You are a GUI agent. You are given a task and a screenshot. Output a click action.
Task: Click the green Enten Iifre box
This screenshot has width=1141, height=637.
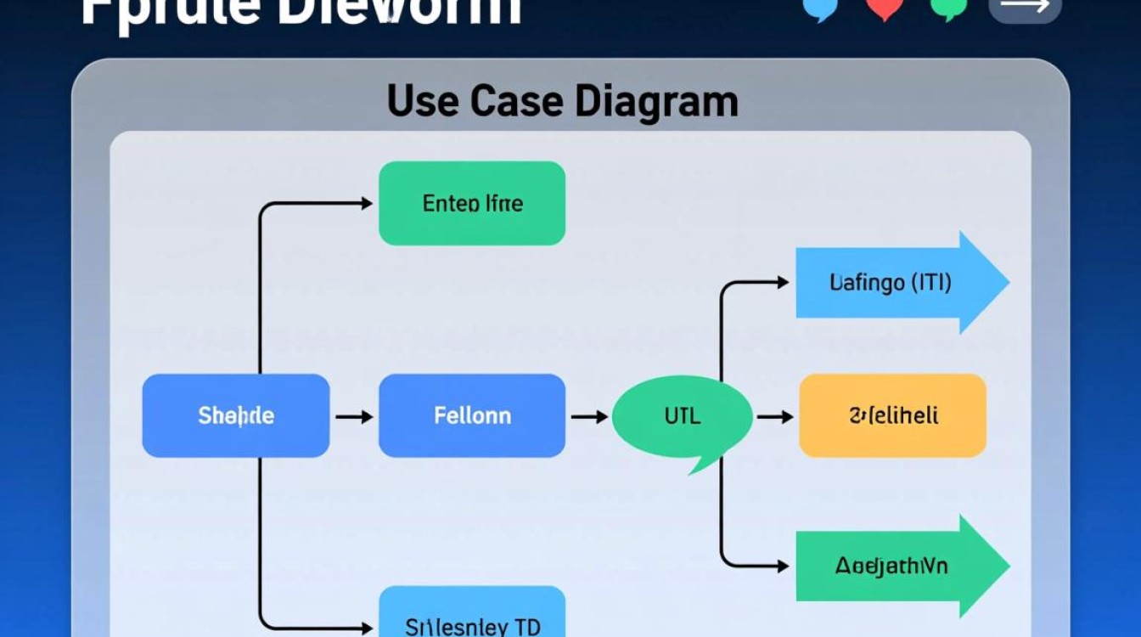[x=471, y=204]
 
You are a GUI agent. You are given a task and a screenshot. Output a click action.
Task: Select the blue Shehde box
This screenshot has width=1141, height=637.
[x=235, y=416]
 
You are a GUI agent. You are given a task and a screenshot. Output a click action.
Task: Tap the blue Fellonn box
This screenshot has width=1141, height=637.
[x=471, y=416]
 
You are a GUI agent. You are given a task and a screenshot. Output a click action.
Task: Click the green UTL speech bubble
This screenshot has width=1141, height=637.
[x=682, y=417]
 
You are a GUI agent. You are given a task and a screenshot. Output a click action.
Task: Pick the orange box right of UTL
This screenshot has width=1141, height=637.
[x=892, y=416]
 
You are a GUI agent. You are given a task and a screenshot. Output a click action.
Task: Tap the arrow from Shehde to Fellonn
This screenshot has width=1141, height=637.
[x=354, y=417]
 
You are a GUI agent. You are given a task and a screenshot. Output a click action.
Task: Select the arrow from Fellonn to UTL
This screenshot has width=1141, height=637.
[x=589, y=417]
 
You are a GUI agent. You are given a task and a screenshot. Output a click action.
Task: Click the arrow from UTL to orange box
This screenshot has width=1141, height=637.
[x=774, y=417]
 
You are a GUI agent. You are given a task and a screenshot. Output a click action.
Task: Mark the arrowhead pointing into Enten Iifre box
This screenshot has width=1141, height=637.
[x=367, y=204]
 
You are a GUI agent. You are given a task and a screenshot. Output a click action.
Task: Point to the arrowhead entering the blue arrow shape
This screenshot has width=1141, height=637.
[x=783, y=283]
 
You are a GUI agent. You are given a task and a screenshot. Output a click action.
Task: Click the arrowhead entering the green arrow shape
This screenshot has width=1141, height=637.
[x=783, y=566]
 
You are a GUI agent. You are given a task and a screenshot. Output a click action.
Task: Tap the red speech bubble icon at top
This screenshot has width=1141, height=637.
[x=884, y=8]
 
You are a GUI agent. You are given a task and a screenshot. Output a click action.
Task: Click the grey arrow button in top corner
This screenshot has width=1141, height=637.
[x=1024, y=8]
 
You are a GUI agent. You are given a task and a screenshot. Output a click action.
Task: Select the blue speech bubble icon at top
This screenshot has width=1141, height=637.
[x=820, y=8]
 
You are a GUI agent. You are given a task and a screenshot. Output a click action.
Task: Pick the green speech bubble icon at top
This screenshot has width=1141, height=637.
[x=948, y=8]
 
